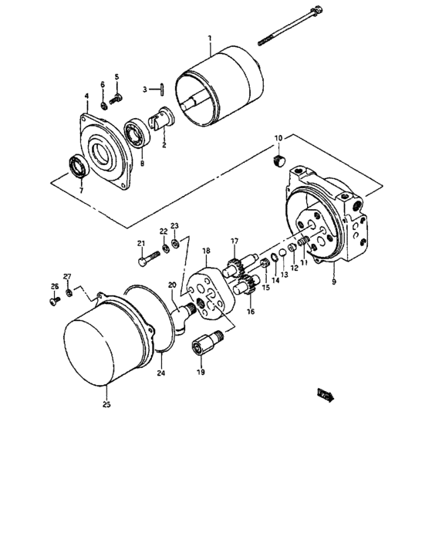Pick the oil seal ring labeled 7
coord(78,167)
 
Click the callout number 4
coord(86,97)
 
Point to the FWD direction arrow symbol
coord(325,396)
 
